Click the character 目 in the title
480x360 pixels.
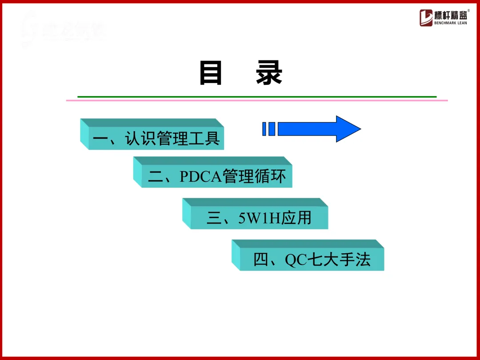point(211,73)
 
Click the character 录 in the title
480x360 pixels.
point(269,73)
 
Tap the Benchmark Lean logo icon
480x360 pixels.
point(426,18)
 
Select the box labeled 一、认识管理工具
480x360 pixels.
point(156,138)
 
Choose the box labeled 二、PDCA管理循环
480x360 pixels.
point(217,176)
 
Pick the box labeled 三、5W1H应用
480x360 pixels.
point(259,218)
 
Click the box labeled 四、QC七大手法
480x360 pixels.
point(312,259)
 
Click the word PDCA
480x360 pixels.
point(201,177)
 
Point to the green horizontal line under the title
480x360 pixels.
point(257,96)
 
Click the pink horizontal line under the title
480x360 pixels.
point(257,100)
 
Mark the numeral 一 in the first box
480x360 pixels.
point(101,139)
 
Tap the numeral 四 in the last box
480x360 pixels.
point(261,260)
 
